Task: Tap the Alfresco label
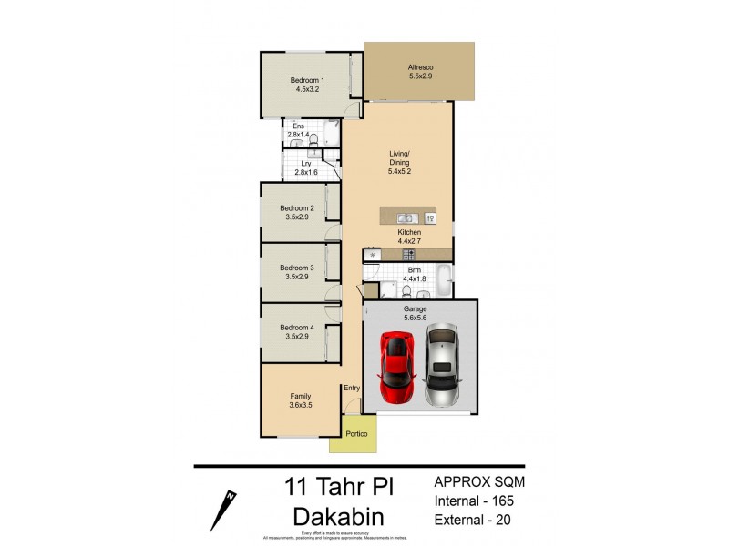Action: pos(419,67)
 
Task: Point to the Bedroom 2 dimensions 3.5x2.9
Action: pos(297,218)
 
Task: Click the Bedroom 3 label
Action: pos(297,268)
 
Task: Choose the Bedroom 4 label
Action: pos(297,328)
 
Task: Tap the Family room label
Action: pos(301,396)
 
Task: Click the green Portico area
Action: pos(356,435)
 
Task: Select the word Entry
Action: pos(352,389)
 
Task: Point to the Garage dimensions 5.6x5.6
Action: pos(416,318)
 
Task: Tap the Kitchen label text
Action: pos(408,234)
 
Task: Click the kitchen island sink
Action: pos(406,218)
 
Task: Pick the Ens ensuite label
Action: pos(298,126)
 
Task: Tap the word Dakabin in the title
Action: pos(338,516)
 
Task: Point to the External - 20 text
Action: pos(472,520)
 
